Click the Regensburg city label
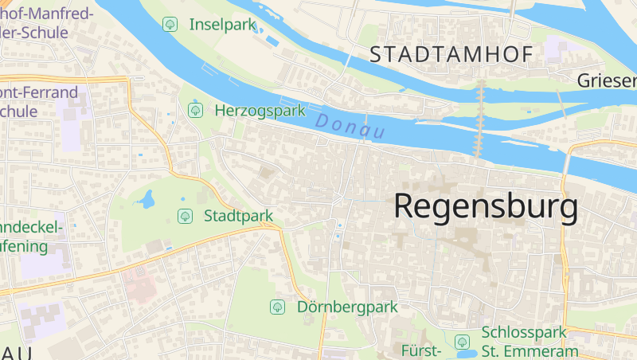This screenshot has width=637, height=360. (486, 206)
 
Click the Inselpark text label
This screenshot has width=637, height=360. (222, 25)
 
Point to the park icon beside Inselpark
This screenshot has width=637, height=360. (170, 25)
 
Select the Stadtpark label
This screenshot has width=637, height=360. (238, 216)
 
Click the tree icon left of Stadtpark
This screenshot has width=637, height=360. (185, 216)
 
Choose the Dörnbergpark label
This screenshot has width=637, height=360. (346, 307)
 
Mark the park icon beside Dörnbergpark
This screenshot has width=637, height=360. (277, 307)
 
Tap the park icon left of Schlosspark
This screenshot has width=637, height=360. (462, 342)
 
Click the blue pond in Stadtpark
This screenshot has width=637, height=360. (146, 199)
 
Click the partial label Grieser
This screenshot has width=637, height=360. (607, 80)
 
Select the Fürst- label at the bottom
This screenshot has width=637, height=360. (421, 351)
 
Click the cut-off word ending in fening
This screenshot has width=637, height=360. (24, 246)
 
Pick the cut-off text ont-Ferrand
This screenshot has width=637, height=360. (40, 92)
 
